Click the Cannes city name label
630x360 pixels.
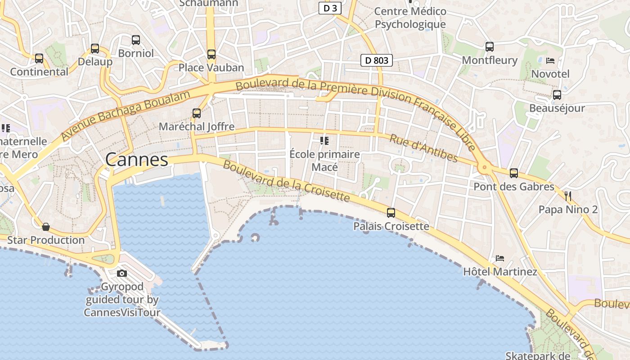click(x=137, y=159)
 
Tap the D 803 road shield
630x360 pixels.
click(x=377, y=60)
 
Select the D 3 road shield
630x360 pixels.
click(x=330, y=8)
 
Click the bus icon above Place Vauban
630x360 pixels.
click(x=211, y=54)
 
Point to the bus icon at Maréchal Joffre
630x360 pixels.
click(x=197, y=113)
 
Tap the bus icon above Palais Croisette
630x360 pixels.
click(x=391, y=213)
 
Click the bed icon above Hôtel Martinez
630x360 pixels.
click(x=499, y=258)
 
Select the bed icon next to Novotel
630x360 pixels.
click(x=550, y=60)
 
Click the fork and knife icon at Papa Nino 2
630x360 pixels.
click(x=568, y=196)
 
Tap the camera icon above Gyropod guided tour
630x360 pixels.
click(x=121, y=273)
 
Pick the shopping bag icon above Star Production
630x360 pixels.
click(x=45, y=226)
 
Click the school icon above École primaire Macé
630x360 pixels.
click(x=324, y=141)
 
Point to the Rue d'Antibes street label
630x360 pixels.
click(x=423, y=148)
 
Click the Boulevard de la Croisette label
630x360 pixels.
click(x=286, y=181)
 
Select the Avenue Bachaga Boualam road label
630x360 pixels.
click(x=126, y=115)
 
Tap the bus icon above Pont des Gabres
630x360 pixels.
click(x=514, y=173)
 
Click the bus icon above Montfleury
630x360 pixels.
click(x=490, y=46)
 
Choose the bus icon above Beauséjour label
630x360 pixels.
click(x=557, y=94)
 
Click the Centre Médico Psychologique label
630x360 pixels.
click(x=410, y=18)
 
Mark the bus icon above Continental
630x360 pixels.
click(x=39, y=58)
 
